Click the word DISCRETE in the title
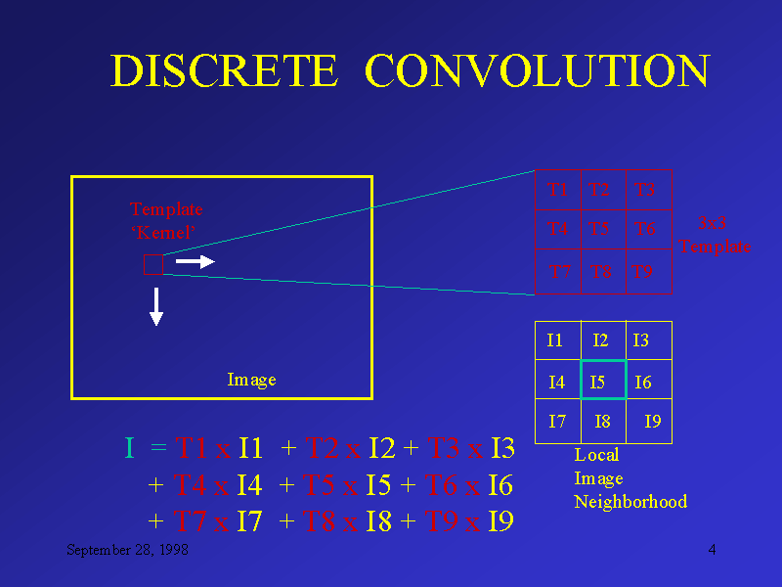click(x=224, y=71)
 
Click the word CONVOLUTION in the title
click(x=537, y=71)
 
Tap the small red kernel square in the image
click(x=153, y=264)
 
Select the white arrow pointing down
click(x=156, y=306)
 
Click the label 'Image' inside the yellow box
click(x=251, y=380)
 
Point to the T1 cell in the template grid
click(x=558, y=189)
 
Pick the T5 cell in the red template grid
click(x=601, y=229)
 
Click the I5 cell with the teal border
click(x=602, y=381)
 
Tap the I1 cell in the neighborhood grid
click(x=555, y=340)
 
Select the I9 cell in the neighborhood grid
click(x=652, y=422)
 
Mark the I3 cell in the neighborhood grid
click(x=641, y=340)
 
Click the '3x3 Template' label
click(x=716, y=235)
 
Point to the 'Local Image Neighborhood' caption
click(x=630, y=478)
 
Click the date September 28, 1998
click(x=127, y=551)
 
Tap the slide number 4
click(x=713, y=550)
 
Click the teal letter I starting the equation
click(x=129, y=449)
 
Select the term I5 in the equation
click(x=378, y=485)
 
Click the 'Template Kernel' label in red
click(x=166, y=221)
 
